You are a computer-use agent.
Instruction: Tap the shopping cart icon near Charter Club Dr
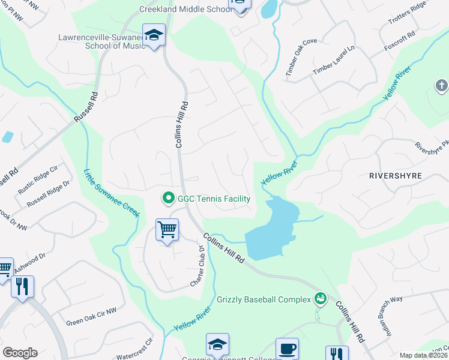167,229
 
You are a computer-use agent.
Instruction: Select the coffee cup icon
287,349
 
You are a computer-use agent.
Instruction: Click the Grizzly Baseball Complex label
263,299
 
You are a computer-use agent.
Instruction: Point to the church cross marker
441,86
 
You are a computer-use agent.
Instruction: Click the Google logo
20,353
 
